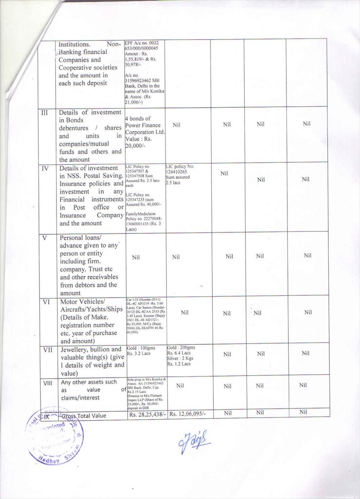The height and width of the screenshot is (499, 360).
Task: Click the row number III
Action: [44, 113]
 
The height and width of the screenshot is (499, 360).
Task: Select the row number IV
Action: [45, 168]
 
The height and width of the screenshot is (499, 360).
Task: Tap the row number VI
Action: [46, 302]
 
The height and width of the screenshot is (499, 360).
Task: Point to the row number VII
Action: [47, 349]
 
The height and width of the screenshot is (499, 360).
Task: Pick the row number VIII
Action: [47, 383]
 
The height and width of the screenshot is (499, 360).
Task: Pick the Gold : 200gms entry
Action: [181, 347]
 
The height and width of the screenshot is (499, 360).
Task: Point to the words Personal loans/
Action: [80, 238]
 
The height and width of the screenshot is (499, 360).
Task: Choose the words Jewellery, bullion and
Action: [91, 349]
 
